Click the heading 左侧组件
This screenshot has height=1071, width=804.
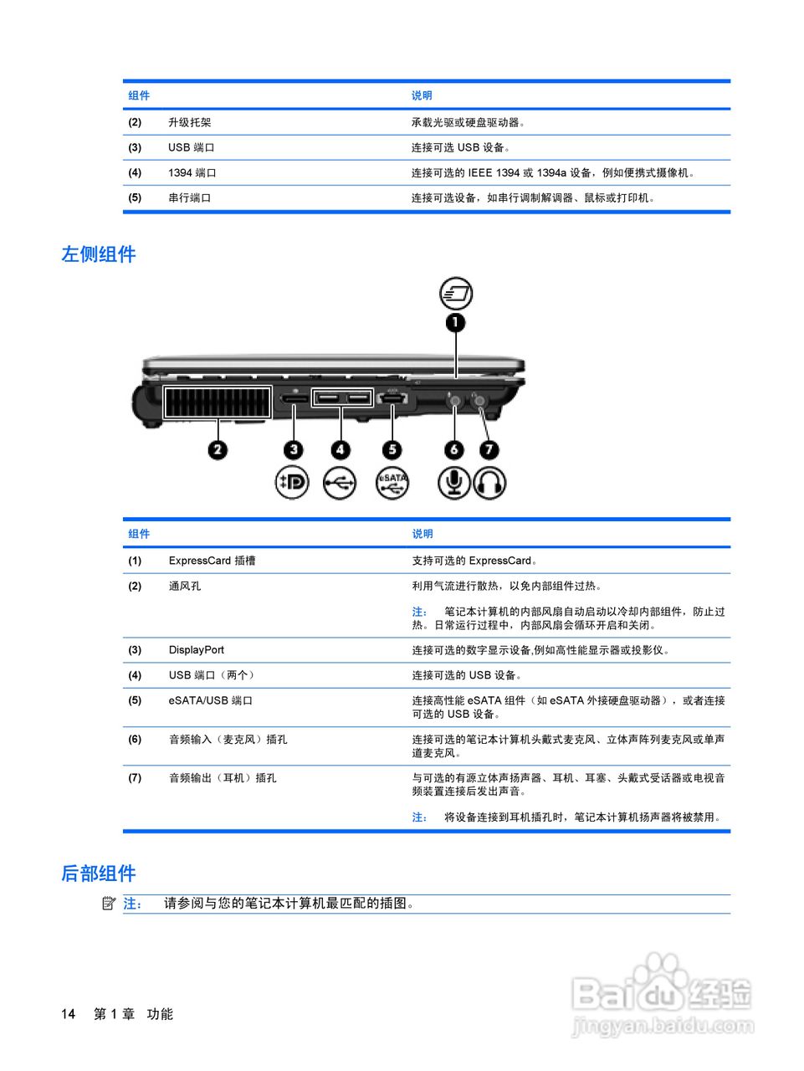pyautogui.click(x=98, y=254)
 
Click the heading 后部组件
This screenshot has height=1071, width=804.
pyautogui.click(x=98, y=874)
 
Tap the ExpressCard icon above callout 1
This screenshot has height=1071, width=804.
pyautogui.click(x=456, y=294)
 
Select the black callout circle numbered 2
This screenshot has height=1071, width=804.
pyautogui.click(x=218, y=450)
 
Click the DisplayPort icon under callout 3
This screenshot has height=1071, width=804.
pyautogui.click(x=292, y=483)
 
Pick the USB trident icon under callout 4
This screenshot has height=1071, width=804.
pyautogui.click(x=340, y=483)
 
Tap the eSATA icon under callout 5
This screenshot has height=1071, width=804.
pyautogui.click(x=392, y=483)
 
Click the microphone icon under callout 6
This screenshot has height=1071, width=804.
pyautogui.click(x=454, y=483)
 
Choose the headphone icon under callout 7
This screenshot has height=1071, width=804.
pyautogui.click(x=489, y=483)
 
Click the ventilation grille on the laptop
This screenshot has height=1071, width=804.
pyautogui.click(x=218, y=402)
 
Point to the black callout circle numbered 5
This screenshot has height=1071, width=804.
pyautogui.click(x=392, y=450)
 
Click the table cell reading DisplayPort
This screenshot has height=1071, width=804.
pyautogui.click(x=197, y=650)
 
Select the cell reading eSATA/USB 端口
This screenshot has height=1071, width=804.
pyautogui.click(x=210, y=701)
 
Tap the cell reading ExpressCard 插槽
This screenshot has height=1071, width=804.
pyautogui.click(x=212, y=561)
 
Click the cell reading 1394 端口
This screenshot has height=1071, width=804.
pyautogui.click(x=192, y=173)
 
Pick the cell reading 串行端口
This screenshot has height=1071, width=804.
pyautogui.click(x=189, y=198)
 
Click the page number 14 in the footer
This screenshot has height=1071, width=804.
pyautogui.click(x=68, y=1014)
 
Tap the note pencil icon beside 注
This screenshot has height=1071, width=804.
pyautogui.click(x=108, y=903)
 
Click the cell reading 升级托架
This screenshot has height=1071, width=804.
pyautogui.click(x=189, y=122)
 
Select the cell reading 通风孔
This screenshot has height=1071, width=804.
pyautogui.click(x=184, y=587)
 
